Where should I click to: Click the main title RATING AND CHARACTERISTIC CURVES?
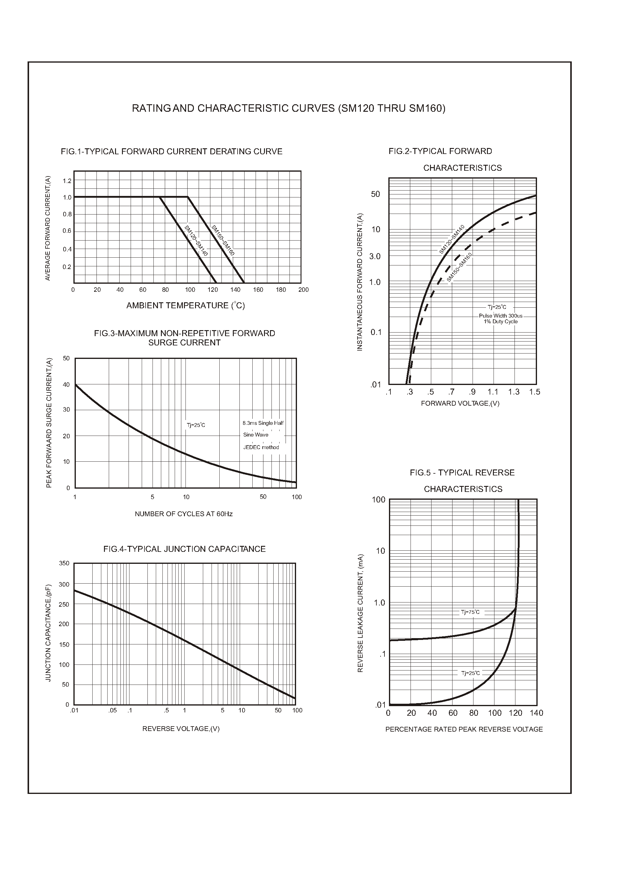click(x=289, y=109)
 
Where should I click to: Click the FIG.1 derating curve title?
click(x=171, y=152)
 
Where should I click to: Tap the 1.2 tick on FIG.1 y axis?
click(x=67, y=181)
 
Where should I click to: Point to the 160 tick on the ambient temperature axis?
click(x=258, y=290)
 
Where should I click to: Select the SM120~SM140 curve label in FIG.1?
click(x=196, y=241)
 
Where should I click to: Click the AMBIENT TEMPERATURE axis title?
click(x=185, y=305)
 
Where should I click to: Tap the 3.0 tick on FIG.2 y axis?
click(x=375, y=256)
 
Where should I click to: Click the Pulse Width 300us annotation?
click(x=500, y=316)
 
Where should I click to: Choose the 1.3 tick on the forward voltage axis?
click(x=514, y=392)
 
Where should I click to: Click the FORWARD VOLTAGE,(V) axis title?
click(x=460, y=404)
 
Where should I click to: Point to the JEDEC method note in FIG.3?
click(x=261, y=447)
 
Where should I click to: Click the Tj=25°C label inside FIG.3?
click(x=196, y=425)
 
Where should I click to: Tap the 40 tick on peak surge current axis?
click(x=67, y=385)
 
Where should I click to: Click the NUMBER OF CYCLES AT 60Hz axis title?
click(x=184, y=514)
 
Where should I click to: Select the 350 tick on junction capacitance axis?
click(x=64, y=564)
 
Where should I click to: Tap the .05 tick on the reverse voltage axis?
click(x=112, y=710)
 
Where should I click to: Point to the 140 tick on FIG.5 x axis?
click(x=536, y=713)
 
